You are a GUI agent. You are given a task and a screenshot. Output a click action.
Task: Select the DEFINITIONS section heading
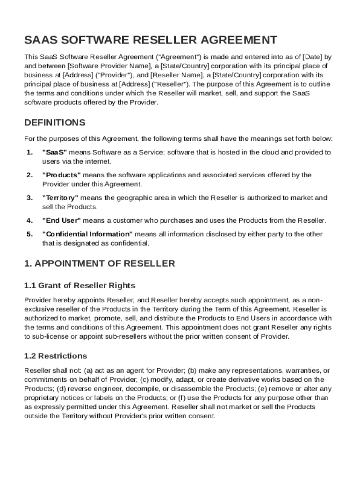pyautogui.click(x=55, y=123)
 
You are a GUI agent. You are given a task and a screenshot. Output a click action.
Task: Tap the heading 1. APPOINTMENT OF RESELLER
pyautogui.click(x=100, y=263)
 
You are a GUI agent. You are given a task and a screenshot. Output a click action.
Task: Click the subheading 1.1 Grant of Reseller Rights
pyautogui.click(x=79, y=285)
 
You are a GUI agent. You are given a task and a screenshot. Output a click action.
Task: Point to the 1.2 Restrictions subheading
pyautogui.click(x=55, y=356)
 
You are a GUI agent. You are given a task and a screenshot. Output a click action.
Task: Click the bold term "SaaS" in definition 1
pyautogui.click(x=55, y=152)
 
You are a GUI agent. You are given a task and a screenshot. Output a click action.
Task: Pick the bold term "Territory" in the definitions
pyautogui.click(x=60, y=198)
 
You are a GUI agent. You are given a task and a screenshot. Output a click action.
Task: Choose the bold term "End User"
pyautogui.click(x=62, y=220)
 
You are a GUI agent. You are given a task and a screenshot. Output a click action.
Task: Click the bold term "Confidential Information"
pyautogui.click(x=87, y=234)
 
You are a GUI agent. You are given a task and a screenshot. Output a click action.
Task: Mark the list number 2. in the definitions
pyautogui.click(x=29, y=175)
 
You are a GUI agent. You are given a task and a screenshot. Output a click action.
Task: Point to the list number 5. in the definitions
pyautogui.click(x=29, y=234)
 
